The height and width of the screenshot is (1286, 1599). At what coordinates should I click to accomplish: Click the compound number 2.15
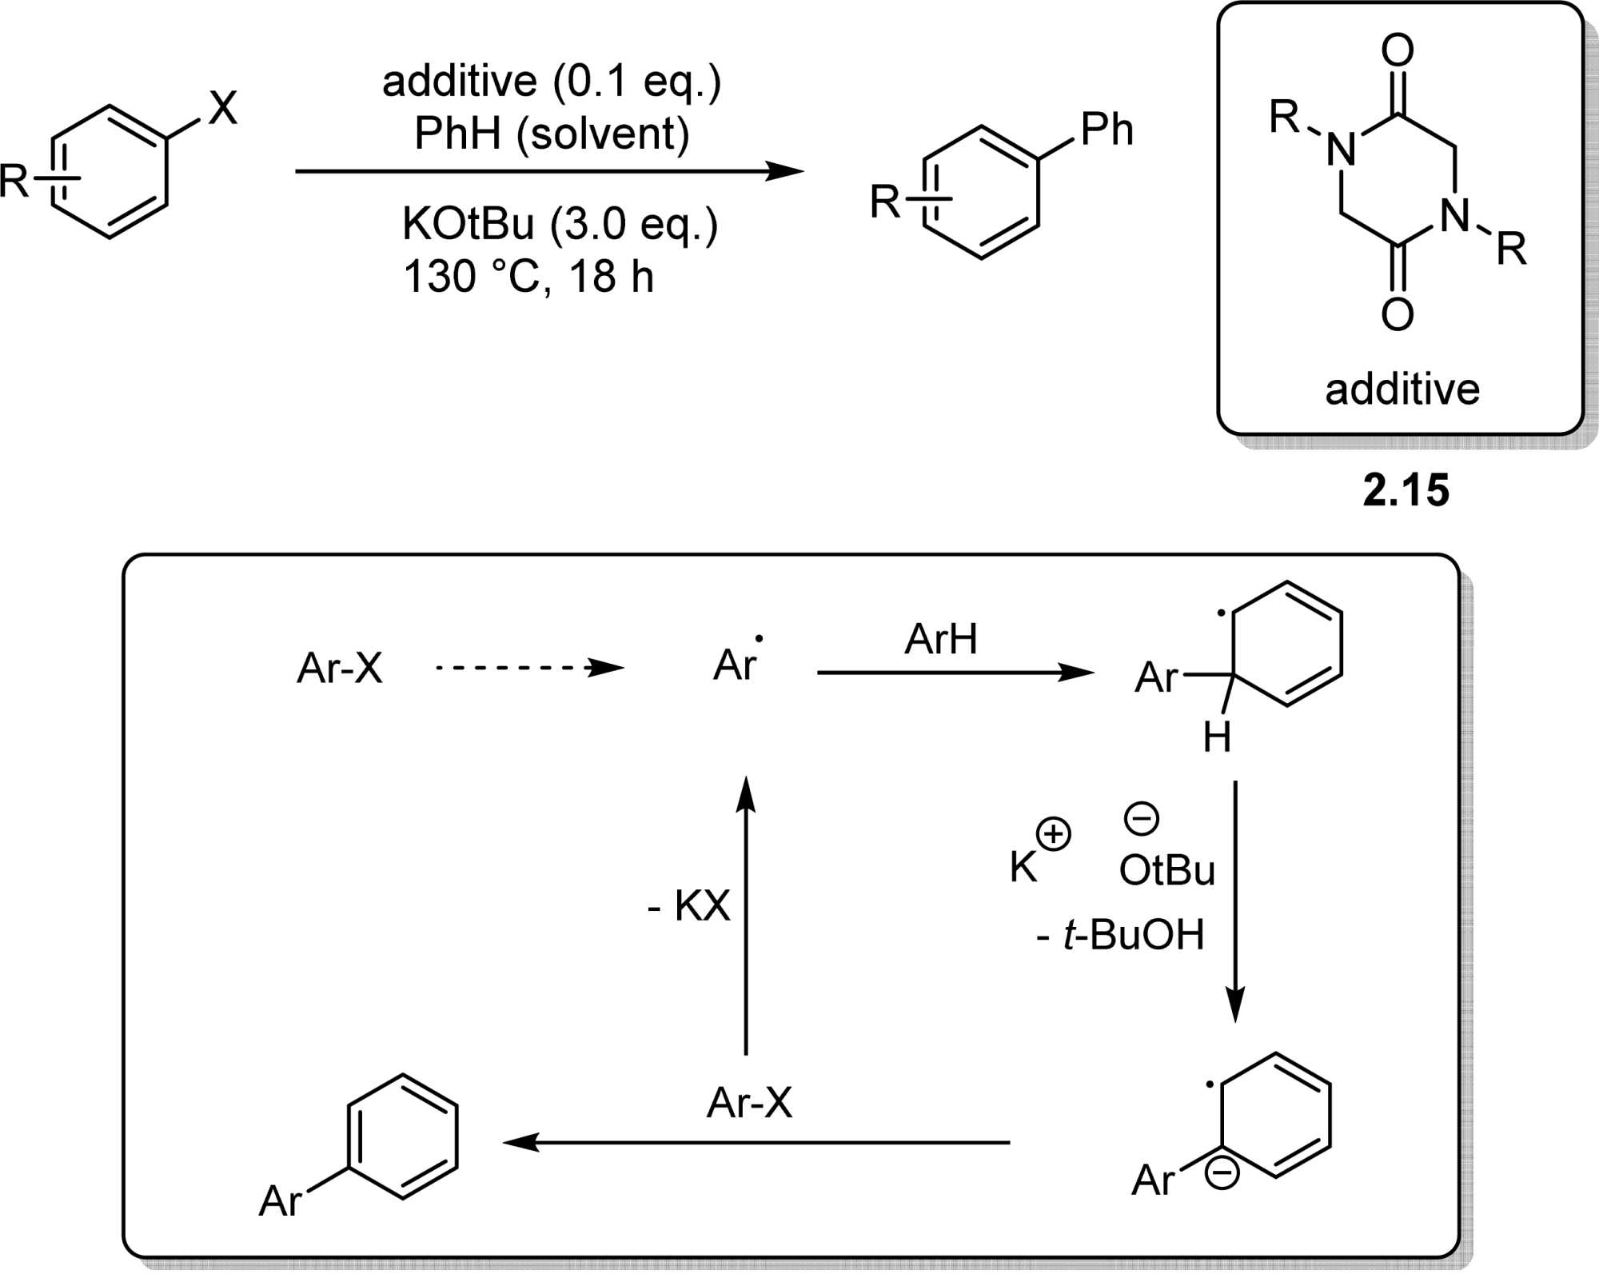point(1406,490)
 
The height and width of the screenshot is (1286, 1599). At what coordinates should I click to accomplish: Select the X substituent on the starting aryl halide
point(223,108)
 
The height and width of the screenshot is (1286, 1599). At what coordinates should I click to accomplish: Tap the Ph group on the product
point(1107,130)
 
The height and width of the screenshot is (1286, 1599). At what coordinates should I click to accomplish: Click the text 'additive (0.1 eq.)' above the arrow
point(552,82)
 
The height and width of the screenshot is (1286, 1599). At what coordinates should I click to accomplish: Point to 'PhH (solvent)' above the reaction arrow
point(552,134)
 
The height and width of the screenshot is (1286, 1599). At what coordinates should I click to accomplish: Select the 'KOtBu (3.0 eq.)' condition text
point(560,224)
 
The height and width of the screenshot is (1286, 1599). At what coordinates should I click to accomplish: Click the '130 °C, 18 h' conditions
point(528,277)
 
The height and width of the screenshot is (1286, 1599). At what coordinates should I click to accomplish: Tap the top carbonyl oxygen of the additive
point(1398,50)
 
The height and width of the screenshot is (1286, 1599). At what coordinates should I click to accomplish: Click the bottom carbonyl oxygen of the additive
point(1398,314)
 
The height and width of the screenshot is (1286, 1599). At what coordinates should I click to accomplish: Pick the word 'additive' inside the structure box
point(1402,389)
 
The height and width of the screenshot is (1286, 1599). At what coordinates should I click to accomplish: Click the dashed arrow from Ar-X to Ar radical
point(528,667)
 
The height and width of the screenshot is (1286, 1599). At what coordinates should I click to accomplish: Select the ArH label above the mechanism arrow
point(941,639)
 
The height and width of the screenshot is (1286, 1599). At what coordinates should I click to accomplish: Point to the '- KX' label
point(689,906)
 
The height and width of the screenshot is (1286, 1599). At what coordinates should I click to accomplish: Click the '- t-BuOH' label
point(1120,934)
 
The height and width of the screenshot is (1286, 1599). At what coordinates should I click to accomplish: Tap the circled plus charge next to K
point(1054,834)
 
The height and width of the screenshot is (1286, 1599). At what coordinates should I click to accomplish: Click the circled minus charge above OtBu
point(1142,818)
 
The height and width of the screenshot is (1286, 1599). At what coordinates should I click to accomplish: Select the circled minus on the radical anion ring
point(1222,1172)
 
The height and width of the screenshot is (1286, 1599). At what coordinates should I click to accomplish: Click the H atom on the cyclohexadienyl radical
point(1217,737)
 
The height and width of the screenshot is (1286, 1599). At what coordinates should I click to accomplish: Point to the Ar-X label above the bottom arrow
point(749,1103)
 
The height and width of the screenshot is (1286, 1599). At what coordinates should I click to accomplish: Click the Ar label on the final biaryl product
point(281,1200)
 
